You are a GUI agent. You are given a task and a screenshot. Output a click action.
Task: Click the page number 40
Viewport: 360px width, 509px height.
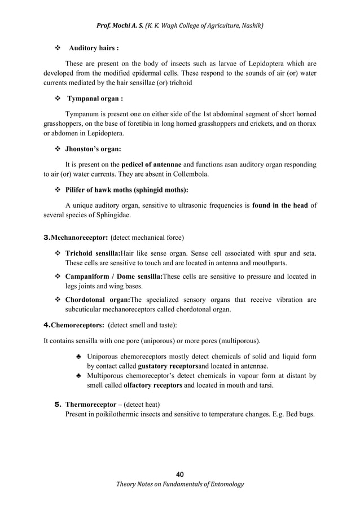(x=180, y=473)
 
